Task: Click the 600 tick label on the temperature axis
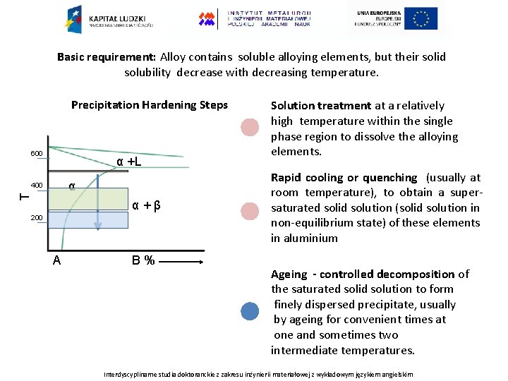point(37,154)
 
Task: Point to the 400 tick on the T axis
point(37,186)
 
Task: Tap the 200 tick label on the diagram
point(37,218)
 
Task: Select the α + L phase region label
point(128,162)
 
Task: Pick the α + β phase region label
point(147,206)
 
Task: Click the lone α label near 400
point(71,186)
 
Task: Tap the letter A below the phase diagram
point(56,260)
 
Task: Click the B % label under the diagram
point(143,260)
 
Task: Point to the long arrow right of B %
point(183,261)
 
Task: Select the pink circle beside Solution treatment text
point(250,128)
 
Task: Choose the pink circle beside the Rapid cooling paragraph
point(250,211)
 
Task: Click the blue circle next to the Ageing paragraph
point(250,311)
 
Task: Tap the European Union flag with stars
point(421,18)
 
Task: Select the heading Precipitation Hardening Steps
point(150,105)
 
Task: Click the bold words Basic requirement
point(107,57)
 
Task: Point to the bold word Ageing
point(289,274)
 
